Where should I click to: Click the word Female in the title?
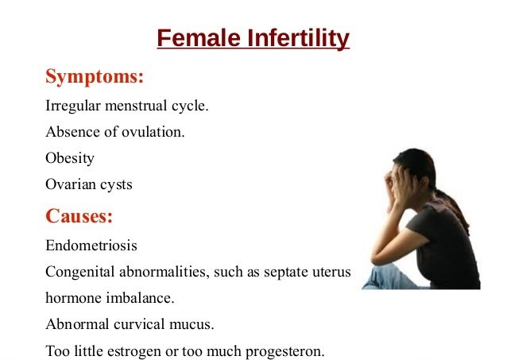point(199,38)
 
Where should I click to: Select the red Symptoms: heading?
point(95,77)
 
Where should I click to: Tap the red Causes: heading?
point(79,215)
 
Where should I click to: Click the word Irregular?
point(73,106)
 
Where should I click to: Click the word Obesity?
point(70,158)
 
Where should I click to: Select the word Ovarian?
point(71,184)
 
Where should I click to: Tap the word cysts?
point(116,185)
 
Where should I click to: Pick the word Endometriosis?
point(91,246)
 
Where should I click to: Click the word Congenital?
point(80,272)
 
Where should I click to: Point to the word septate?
point(285,273)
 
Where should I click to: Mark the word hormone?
point(73,297)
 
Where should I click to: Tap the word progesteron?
point(284,351)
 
